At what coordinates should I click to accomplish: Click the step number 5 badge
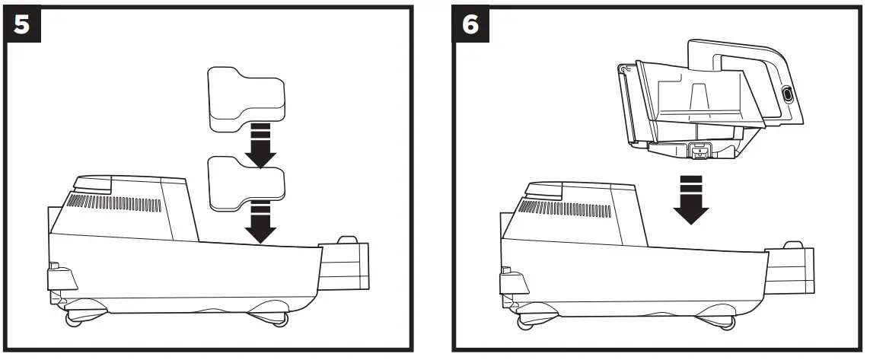[x=21, y=24]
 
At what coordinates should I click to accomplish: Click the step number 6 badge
[x=472, y=24]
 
